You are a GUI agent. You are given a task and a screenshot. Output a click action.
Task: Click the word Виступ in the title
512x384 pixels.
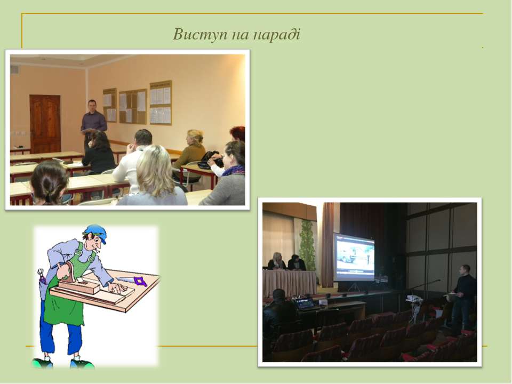[x=200, y=35]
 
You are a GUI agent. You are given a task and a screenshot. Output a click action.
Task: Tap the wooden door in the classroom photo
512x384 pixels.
[x=45, y=124]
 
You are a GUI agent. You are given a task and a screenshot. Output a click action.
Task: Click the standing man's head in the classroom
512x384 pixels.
[x=92, y=106]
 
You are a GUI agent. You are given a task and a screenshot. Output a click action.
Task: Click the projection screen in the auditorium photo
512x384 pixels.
[x=354, y=257]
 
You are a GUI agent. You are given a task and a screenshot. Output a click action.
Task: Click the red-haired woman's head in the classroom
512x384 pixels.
[x=237, y=133]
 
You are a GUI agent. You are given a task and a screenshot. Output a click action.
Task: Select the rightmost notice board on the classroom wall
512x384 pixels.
[x=161, y=103]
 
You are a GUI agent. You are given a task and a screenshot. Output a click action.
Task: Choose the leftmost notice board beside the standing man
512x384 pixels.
[x=110, y=105]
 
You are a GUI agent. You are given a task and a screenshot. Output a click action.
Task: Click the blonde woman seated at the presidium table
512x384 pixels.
[x=277, y=261]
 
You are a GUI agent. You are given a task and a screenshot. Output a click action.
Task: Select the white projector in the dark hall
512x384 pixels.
[x=414, y=298]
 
